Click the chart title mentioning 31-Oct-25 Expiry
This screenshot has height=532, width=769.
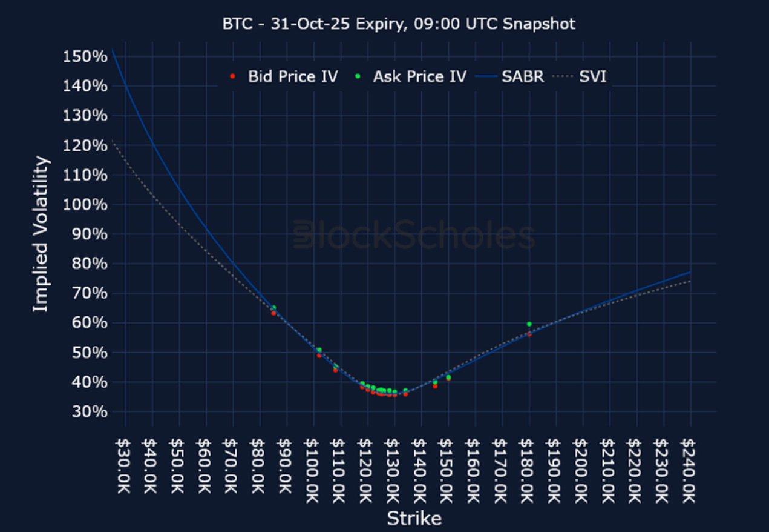[x=399, y=24]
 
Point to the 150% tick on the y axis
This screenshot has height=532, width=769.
[x=85, y=56]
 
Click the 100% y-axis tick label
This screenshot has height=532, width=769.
[x=85, y=204]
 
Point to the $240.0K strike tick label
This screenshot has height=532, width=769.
[x=690, y=470]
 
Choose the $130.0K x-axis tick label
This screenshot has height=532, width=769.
[x=394, y=470]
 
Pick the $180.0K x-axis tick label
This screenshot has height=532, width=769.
[x=529, y=470]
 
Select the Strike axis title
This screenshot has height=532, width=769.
[x=414, y=519]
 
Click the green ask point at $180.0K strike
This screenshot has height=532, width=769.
[x=529, y=324]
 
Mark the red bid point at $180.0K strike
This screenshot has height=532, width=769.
[x=529, y=334]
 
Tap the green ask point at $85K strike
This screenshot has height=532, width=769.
[x=273, y=308]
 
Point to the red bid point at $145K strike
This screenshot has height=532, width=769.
[x=435, y=386]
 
